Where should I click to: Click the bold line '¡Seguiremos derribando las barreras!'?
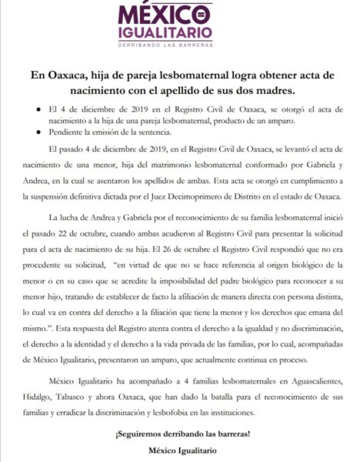pos(179,435)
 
